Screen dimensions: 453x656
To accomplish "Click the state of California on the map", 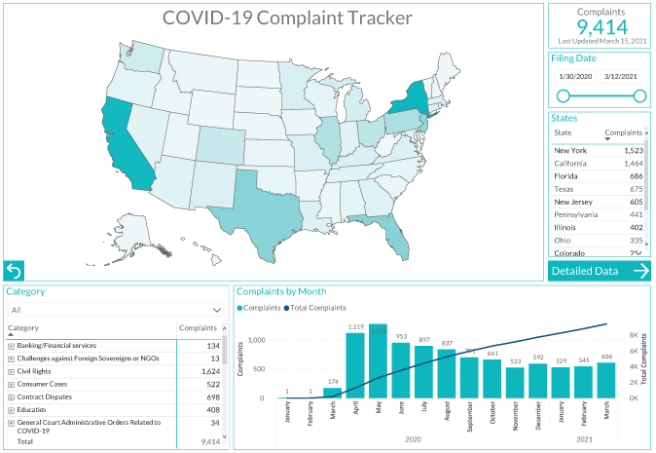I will pos(125,146).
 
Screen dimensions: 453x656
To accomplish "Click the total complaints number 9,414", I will pos(601,26).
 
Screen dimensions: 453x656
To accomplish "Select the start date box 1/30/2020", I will pos(574,76).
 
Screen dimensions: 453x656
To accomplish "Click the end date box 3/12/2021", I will pos(620,76).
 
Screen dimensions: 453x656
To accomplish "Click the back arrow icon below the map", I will pos(14,271).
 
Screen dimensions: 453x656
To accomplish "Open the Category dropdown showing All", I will pos(116,310).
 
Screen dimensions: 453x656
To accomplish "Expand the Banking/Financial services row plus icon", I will pos(12,346).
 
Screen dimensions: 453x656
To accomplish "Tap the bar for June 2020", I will pos(401,374).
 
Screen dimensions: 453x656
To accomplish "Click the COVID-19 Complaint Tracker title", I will pos(287,18).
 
